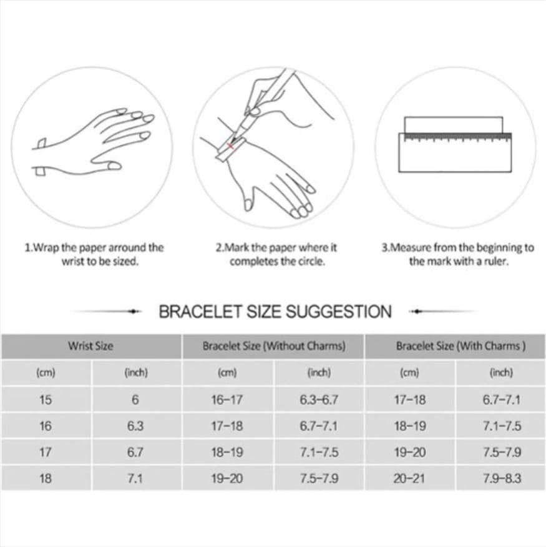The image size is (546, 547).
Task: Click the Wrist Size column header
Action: [90, 346]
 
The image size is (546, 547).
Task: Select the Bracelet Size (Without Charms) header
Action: [274, 346]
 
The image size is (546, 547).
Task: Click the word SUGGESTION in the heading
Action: [339, 312]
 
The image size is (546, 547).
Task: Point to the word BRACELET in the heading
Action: [200, 312]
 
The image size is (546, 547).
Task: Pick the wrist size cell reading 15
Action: [46, 400]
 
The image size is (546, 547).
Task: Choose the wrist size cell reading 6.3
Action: [135, 426]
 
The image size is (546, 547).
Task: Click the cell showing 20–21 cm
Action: [410, 478]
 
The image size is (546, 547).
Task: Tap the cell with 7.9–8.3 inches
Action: [502, 478]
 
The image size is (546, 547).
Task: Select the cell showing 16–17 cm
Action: [227, 400]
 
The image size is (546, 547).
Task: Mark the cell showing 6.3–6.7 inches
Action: [319, 400]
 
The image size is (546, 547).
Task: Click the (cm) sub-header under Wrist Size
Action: [46, 373]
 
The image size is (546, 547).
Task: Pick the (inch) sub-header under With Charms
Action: [501, 373]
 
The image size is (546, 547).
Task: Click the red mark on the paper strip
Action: [230, 146]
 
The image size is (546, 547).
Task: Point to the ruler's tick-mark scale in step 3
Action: [457, 137]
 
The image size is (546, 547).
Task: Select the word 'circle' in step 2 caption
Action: [313, 261]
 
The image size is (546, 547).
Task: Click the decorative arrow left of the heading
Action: [107, 311]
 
